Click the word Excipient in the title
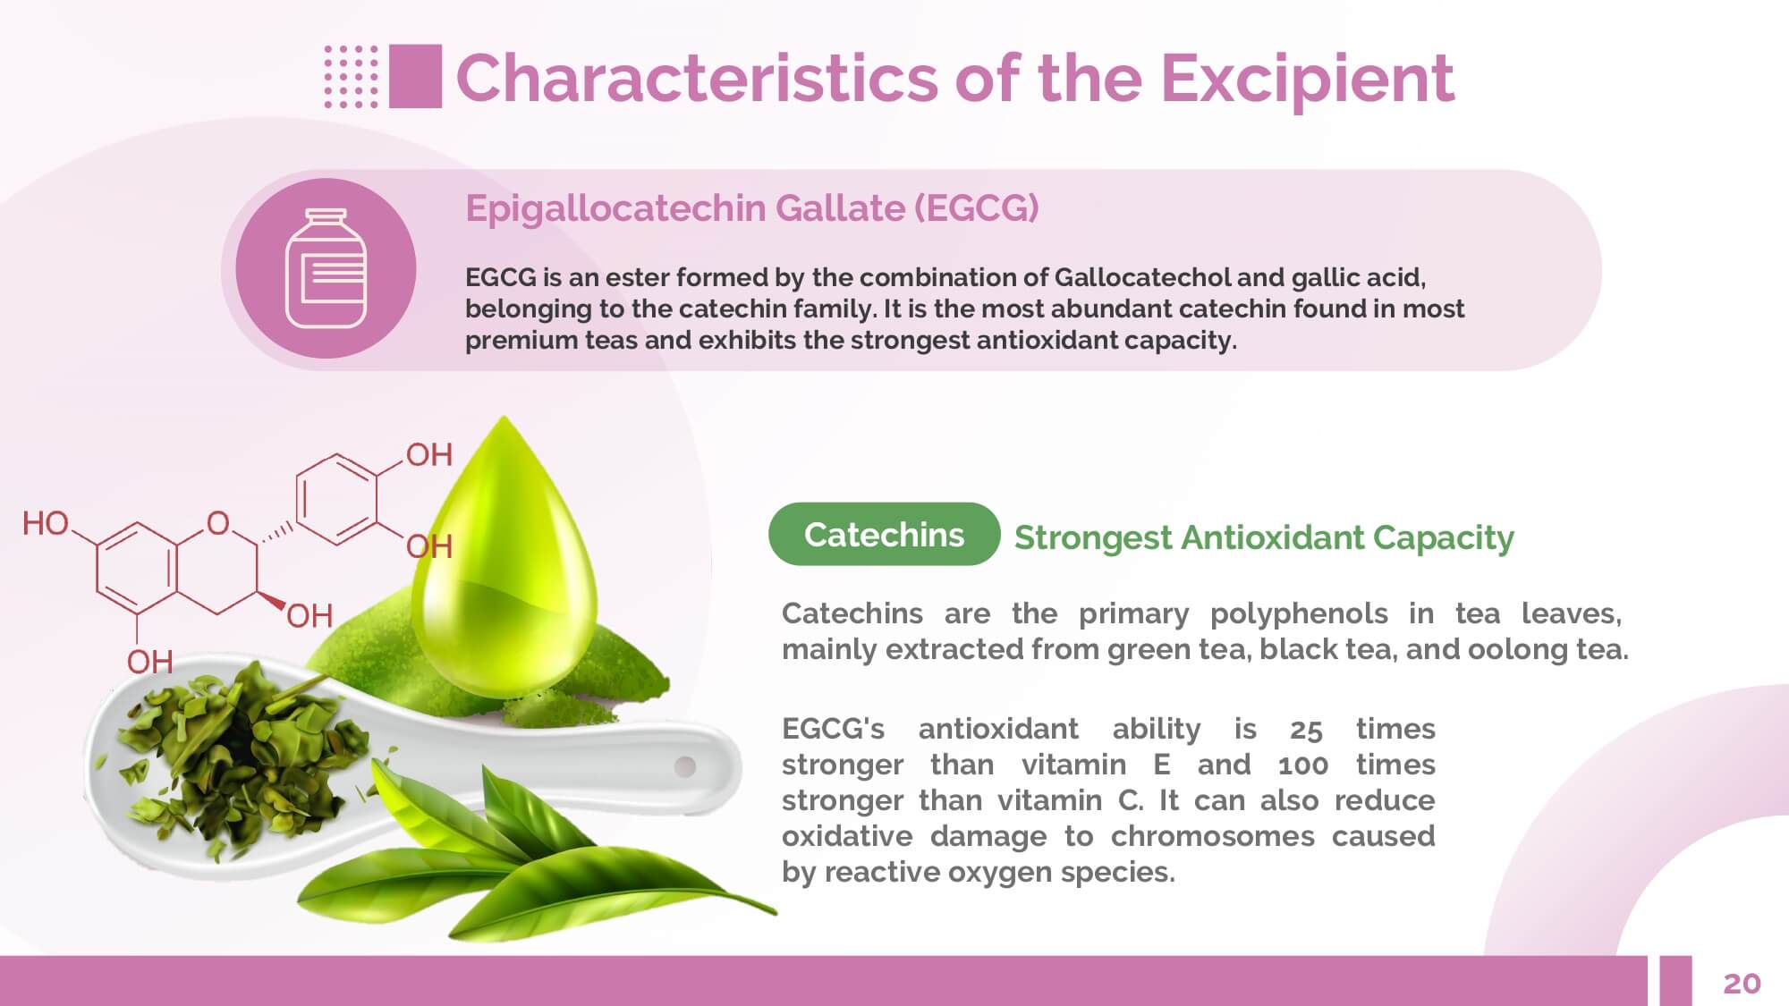1307,79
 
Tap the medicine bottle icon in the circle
326,268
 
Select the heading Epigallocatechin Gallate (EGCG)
751,208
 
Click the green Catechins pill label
884,534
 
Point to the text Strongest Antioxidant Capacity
1264,537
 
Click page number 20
1742,983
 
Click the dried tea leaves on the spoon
242,756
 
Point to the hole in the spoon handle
685,766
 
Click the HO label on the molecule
46,523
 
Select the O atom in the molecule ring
218,523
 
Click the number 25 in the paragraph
1306,730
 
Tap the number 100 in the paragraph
1303,765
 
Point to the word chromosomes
1212,836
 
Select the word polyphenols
1299,614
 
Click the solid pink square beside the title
416,76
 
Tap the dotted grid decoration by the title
351,76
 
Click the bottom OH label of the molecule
149,662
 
